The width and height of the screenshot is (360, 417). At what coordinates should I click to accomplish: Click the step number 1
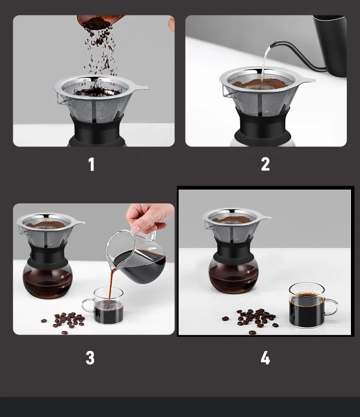[92, 165]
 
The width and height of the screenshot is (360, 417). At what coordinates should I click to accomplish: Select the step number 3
[90, 358]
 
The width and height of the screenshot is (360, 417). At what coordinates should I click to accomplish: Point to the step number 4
[265, 358]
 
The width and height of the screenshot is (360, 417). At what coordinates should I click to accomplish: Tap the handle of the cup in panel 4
[332, 307]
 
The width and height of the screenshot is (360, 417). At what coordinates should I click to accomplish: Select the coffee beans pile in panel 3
[65, 320]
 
